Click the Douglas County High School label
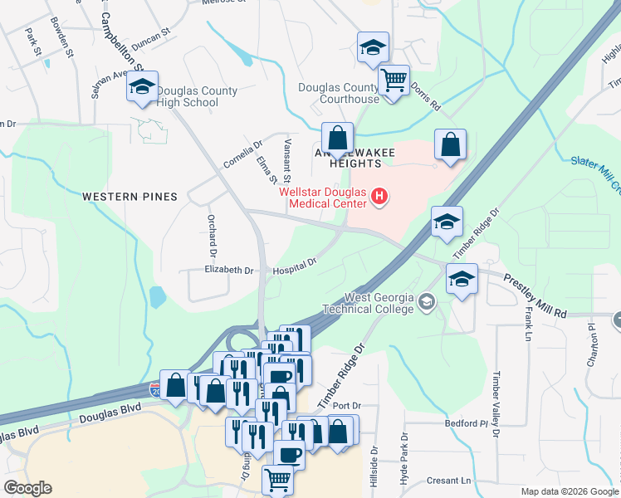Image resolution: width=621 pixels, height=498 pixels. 196,97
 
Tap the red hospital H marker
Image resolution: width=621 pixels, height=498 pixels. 379,197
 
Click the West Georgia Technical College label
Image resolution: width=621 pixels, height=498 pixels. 379,304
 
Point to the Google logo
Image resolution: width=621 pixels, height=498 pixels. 27,488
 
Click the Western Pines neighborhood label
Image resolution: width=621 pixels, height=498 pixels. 130,197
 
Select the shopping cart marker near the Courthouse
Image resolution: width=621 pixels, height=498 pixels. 393,81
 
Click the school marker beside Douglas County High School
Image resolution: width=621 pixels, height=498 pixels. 143,87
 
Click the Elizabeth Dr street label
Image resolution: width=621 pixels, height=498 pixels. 229,271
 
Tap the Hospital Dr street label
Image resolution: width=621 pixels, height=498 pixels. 296,265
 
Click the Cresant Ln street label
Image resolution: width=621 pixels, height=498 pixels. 449,481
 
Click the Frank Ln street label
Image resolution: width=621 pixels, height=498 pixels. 526,324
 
